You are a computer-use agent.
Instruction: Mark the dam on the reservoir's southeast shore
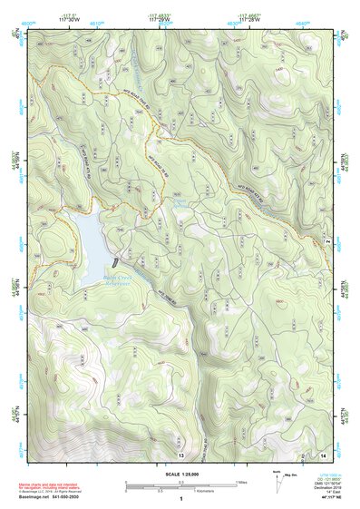click(118, 259)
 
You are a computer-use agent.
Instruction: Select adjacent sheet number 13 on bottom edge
click(180, 453)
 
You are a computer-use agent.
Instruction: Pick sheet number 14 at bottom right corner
click(323, 453)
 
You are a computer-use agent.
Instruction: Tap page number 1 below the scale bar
click(180, 499)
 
